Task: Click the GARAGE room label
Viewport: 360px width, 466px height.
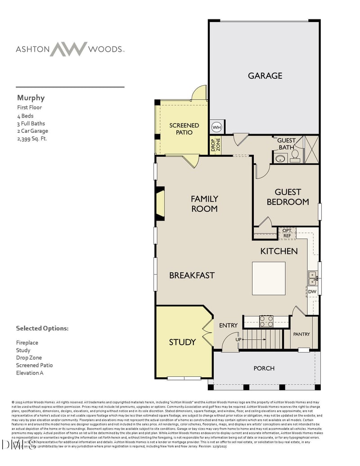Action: pyautogui.click(x=265, y=76)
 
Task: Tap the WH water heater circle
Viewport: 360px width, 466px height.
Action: pyautogui.click(x=216, y=127)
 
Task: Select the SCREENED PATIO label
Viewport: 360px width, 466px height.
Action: pyautogui.click(x=184, y=129)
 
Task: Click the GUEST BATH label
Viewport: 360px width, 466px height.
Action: pyautogui.click(x=286, y=144)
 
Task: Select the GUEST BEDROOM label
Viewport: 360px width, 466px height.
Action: pyautogui.click(x=288, y=197)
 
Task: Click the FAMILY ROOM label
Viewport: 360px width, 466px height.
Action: pyautogui.click(x=204, y=204)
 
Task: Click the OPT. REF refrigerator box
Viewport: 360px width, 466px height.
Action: pyautogui.click(x=287, y=233)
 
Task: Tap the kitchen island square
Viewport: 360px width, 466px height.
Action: pyautogui.click(x=269, y=278)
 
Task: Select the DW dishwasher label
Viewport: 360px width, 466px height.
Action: pyautogui.click(x=312, y=292)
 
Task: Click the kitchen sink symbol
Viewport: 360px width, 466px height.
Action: pyautogui.click(x=312, y=278)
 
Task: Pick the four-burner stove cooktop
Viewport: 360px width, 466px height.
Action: pyautogui.click(x=266, y=321)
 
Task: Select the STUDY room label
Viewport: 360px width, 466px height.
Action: pyautogui.click(x=182, y=342)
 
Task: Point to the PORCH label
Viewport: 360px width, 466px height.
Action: pyautogui.click(x=264, y=368)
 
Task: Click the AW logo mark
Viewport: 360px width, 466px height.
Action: pyautogui.click(x=68, y=49)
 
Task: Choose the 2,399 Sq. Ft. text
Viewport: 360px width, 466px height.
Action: pyautogui.click(x=32, y=139)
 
